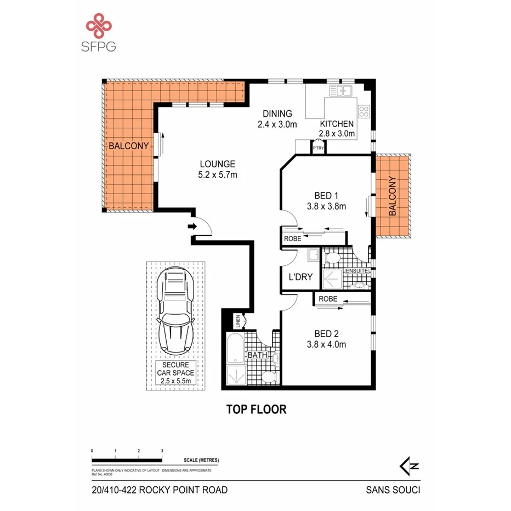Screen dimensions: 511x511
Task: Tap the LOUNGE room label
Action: [x=217, y=164]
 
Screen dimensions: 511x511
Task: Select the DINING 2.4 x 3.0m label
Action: [x=277, y=119]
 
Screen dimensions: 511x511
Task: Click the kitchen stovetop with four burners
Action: [x=364, y=112]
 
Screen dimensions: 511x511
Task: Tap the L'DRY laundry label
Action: [x=300, y=277]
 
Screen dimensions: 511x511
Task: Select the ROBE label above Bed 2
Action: [x=328, y=299]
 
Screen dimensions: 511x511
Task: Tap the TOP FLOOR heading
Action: [x=257, y=410]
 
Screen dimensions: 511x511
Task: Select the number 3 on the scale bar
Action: [x=162, y=451]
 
